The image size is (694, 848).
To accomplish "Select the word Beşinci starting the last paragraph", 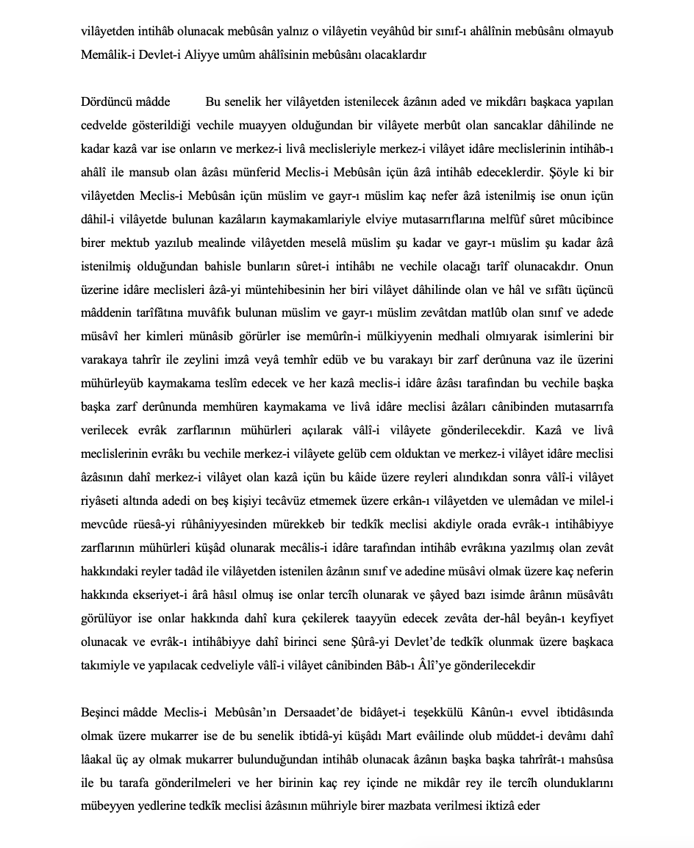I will pos(101,714).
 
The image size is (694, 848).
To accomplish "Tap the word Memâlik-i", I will pos(107,56).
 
